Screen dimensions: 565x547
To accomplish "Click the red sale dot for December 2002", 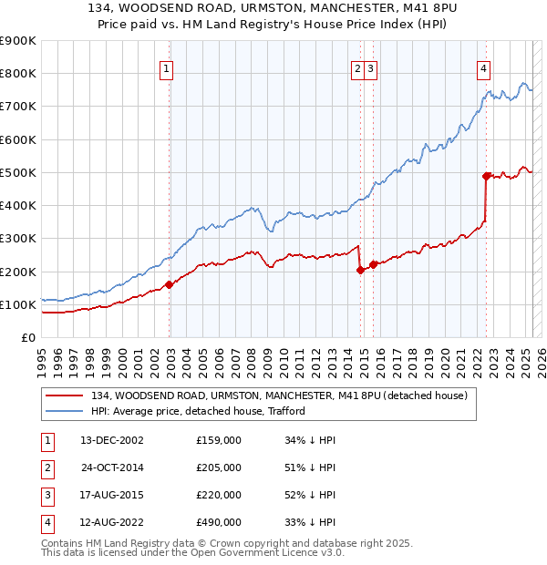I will [170, 284].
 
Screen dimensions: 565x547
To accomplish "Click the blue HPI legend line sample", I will [64, 411].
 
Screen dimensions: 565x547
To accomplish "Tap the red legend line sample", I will [64, 395].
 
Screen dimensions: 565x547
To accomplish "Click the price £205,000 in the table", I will [219, 467].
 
